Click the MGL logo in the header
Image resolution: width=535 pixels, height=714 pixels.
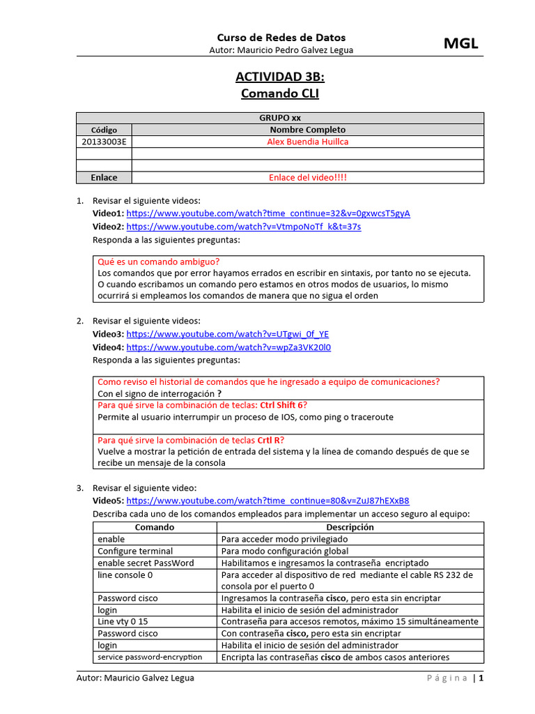pos(461,44)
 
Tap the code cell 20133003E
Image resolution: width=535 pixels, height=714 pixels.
pos(104,142)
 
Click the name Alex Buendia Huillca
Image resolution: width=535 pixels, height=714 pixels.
pos(307,142)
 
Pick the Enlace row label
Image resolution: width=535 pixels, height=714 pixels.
pos(104,178)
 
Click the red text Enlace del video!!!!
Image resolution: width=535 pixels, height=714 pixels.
pos(307,178)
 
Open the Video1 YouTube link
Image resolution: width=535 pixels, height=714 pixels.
pos(268,213)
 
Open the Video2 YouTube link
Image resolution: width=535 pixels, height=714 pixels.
pos(244,227)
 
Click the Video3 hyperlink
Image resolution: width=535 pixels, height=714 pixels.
pos(227,334)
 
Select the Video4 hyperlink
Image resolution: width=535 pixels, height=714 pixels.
pos(228,347)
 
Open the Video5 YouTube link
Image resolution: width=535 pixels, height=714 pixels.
pos(267,501)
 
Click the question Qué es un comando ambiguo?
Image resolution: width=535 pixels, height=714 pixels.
pos(159,262)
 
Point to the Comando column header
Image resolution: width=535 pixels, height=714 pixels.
pos(155,527)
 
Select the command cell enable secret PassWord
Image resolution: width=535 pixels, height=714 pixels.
pos(146,563)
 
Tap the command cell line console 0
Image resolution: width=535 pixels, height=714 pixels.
pos(125,575)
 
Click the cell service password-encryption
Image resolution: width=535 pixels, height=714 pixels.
pos(150,657)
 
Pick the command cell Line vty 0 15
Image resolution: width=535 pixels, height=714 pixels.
pos(123,621)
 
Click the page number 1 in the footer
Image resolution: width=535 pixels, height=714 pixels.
pos(481,678)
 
